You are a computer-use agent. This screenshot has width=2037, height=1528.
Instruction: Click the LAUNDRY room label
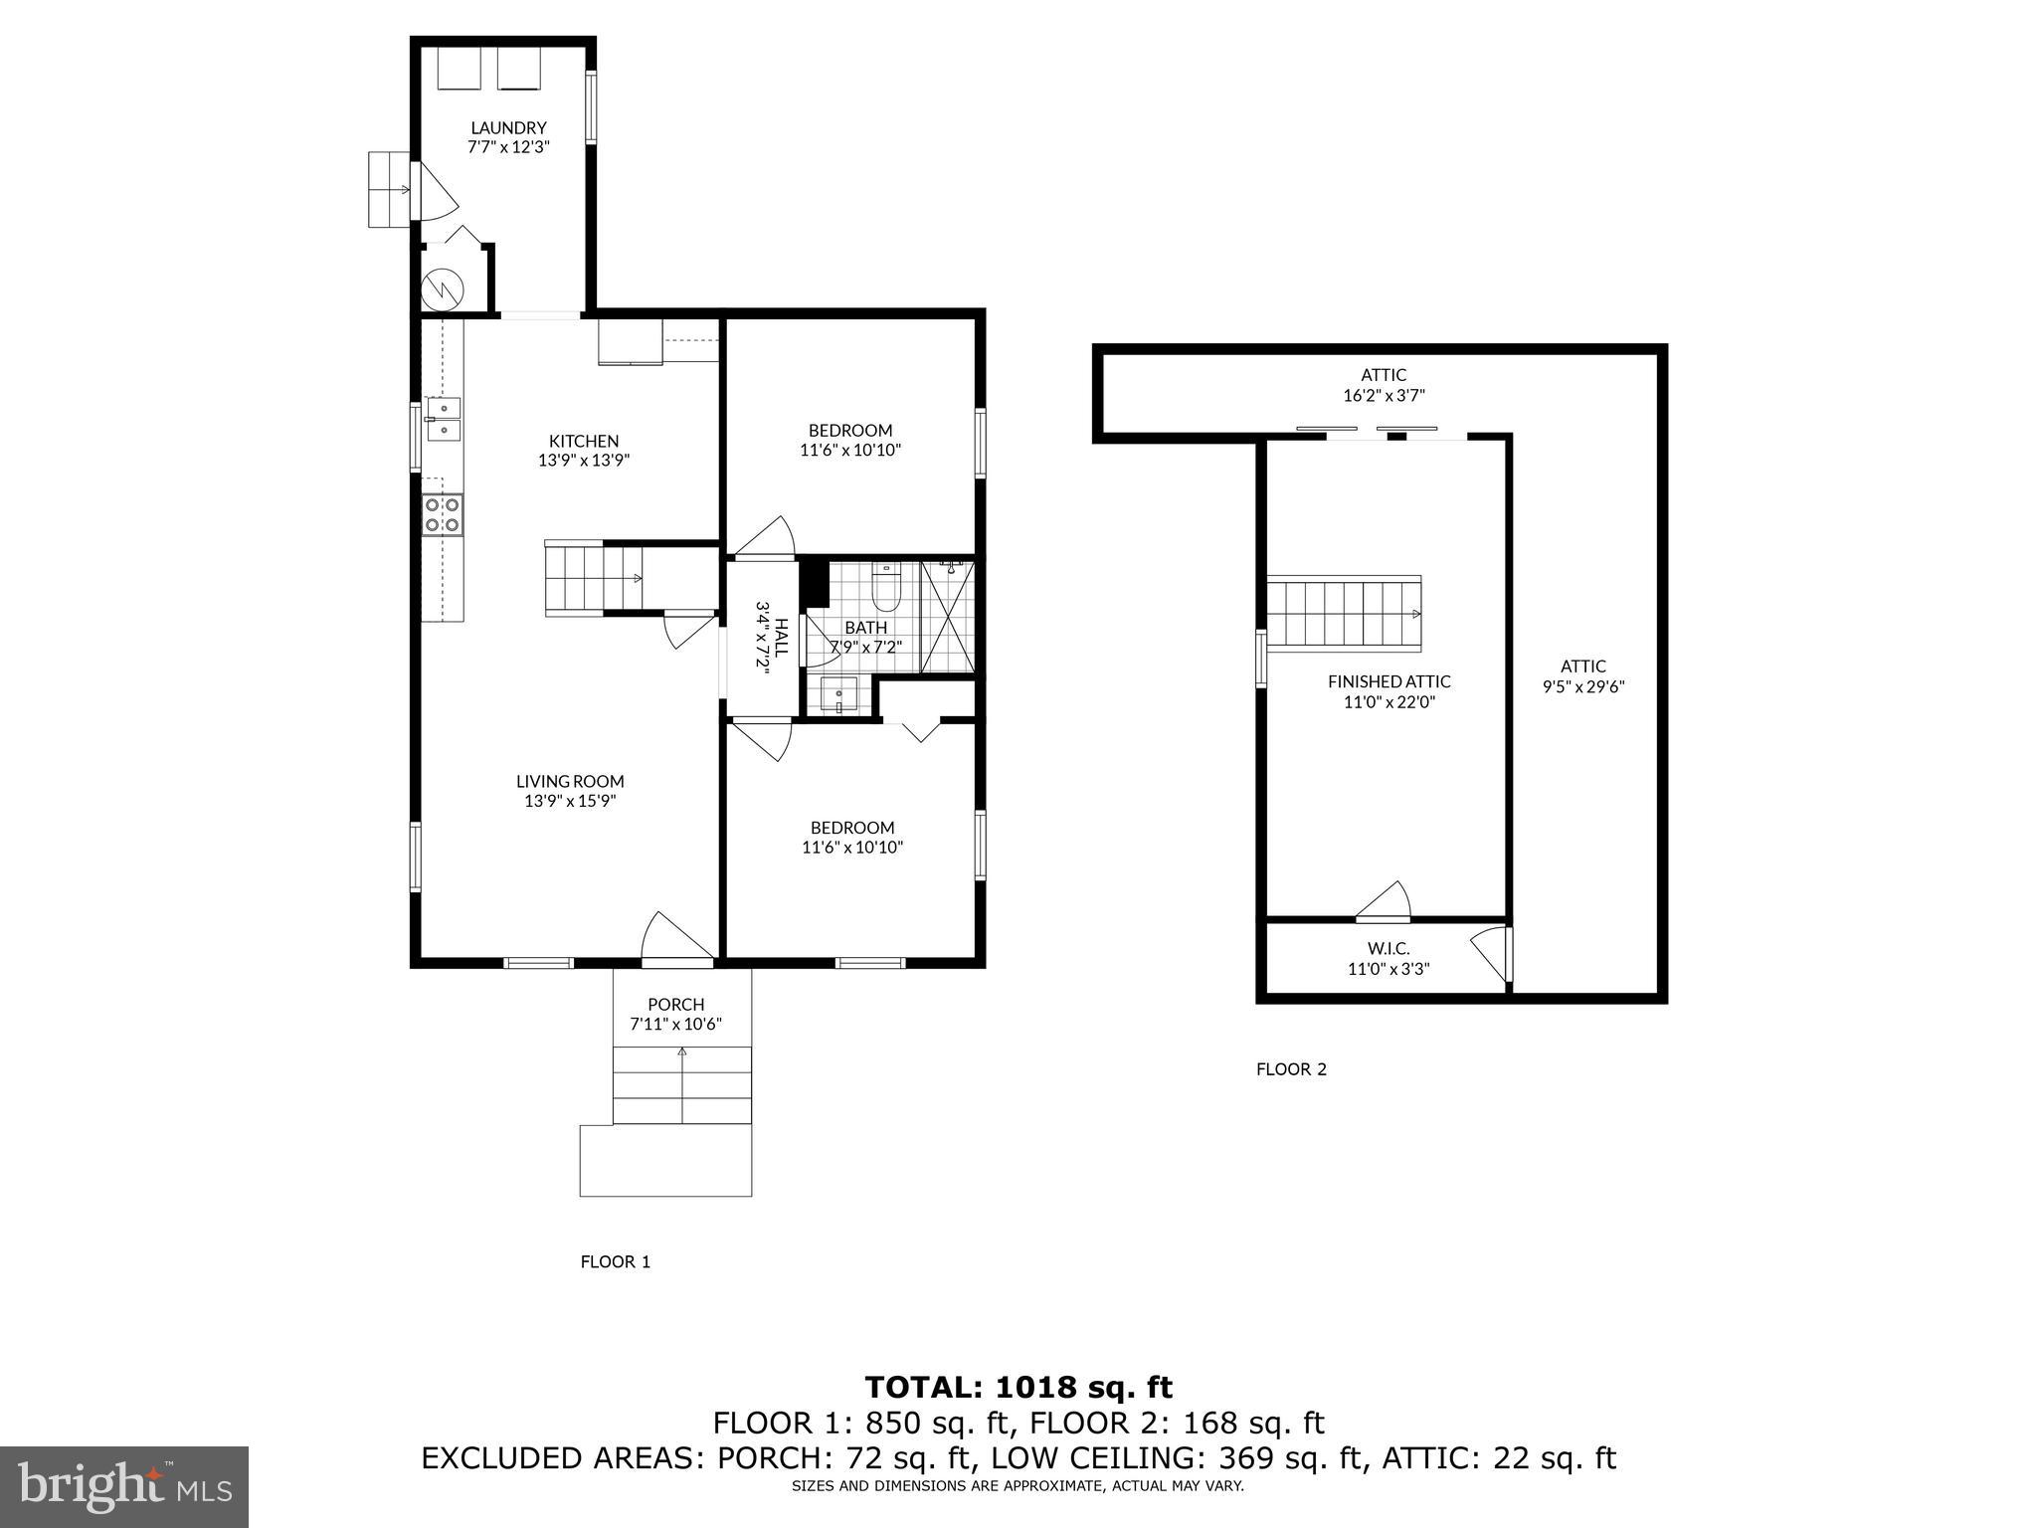508,127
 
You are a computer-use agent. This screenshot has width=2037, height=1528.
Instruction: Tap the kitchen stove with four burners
443,514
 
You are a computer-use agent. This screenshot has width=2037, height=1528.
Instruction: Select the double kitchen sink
443,419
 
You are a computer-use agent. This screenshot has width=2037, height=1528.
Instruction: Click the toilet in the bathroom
884,588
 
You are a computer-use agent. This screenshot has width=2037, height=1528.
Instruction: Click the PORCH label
675,1005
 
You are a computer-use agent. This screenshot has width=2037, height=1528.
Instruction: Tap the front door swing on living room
674,937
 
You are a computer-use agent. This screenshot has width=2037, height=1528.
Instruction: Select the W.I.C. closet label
1389,949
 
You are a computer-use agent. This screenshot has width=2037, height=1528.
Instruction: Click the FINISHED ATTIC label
1389,681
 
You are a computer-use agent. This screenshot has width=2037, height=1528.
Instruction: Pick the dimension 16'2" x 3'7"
1384,395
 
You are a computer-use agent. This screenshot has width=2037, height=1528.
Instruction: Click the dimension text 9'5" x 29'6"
1582,686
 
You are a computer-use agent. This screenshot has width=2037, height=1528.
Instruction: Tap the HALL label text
782,637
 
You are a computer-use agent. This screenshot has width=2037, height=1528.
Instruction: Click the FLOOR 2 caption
1291,1069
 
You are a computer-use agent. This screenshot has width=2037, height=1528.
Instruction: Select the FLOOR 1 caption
615,1261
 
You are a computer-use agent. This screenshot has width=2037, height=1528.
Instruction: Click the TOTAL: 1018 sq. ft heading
1018,1387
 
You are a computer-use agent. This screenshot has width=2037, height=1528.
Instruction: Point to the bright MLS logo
124,1487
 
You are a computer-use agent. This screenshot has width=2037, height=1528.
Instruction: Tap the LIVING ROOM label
570,782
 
